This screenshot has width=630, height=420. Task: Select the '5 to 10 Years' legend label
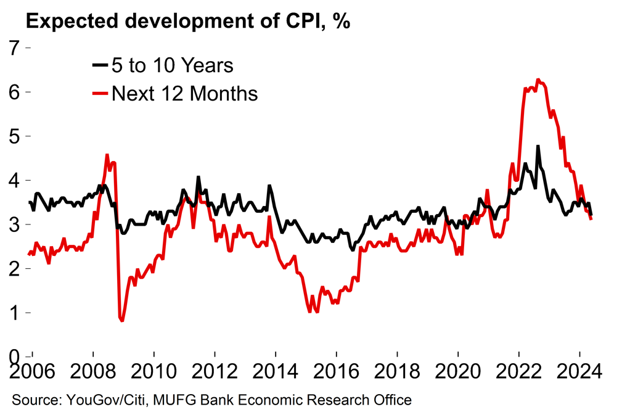coord(172,65)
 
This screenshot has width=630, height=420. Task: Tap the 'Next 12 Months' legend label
coord(184,94)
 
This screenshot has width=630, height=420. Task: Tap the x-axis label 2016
coord(337,374)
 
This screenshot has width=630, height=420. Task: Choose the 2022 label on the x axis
coord(520,374)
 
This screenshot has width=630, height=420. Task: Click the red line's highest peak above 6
coord(538,80)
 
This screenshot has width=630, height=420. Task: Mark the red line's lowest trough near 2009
coord(122,321)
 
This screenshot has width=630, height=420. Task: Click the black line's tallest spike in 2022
coord(538,146)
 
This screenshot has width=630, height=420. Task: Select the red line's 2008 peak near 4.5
coord(107,155)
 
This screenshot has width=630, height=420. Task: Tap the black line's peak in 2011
coord(198,177)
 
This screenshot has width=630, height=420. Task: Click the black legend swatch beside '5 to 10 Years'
coord(99,65)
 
